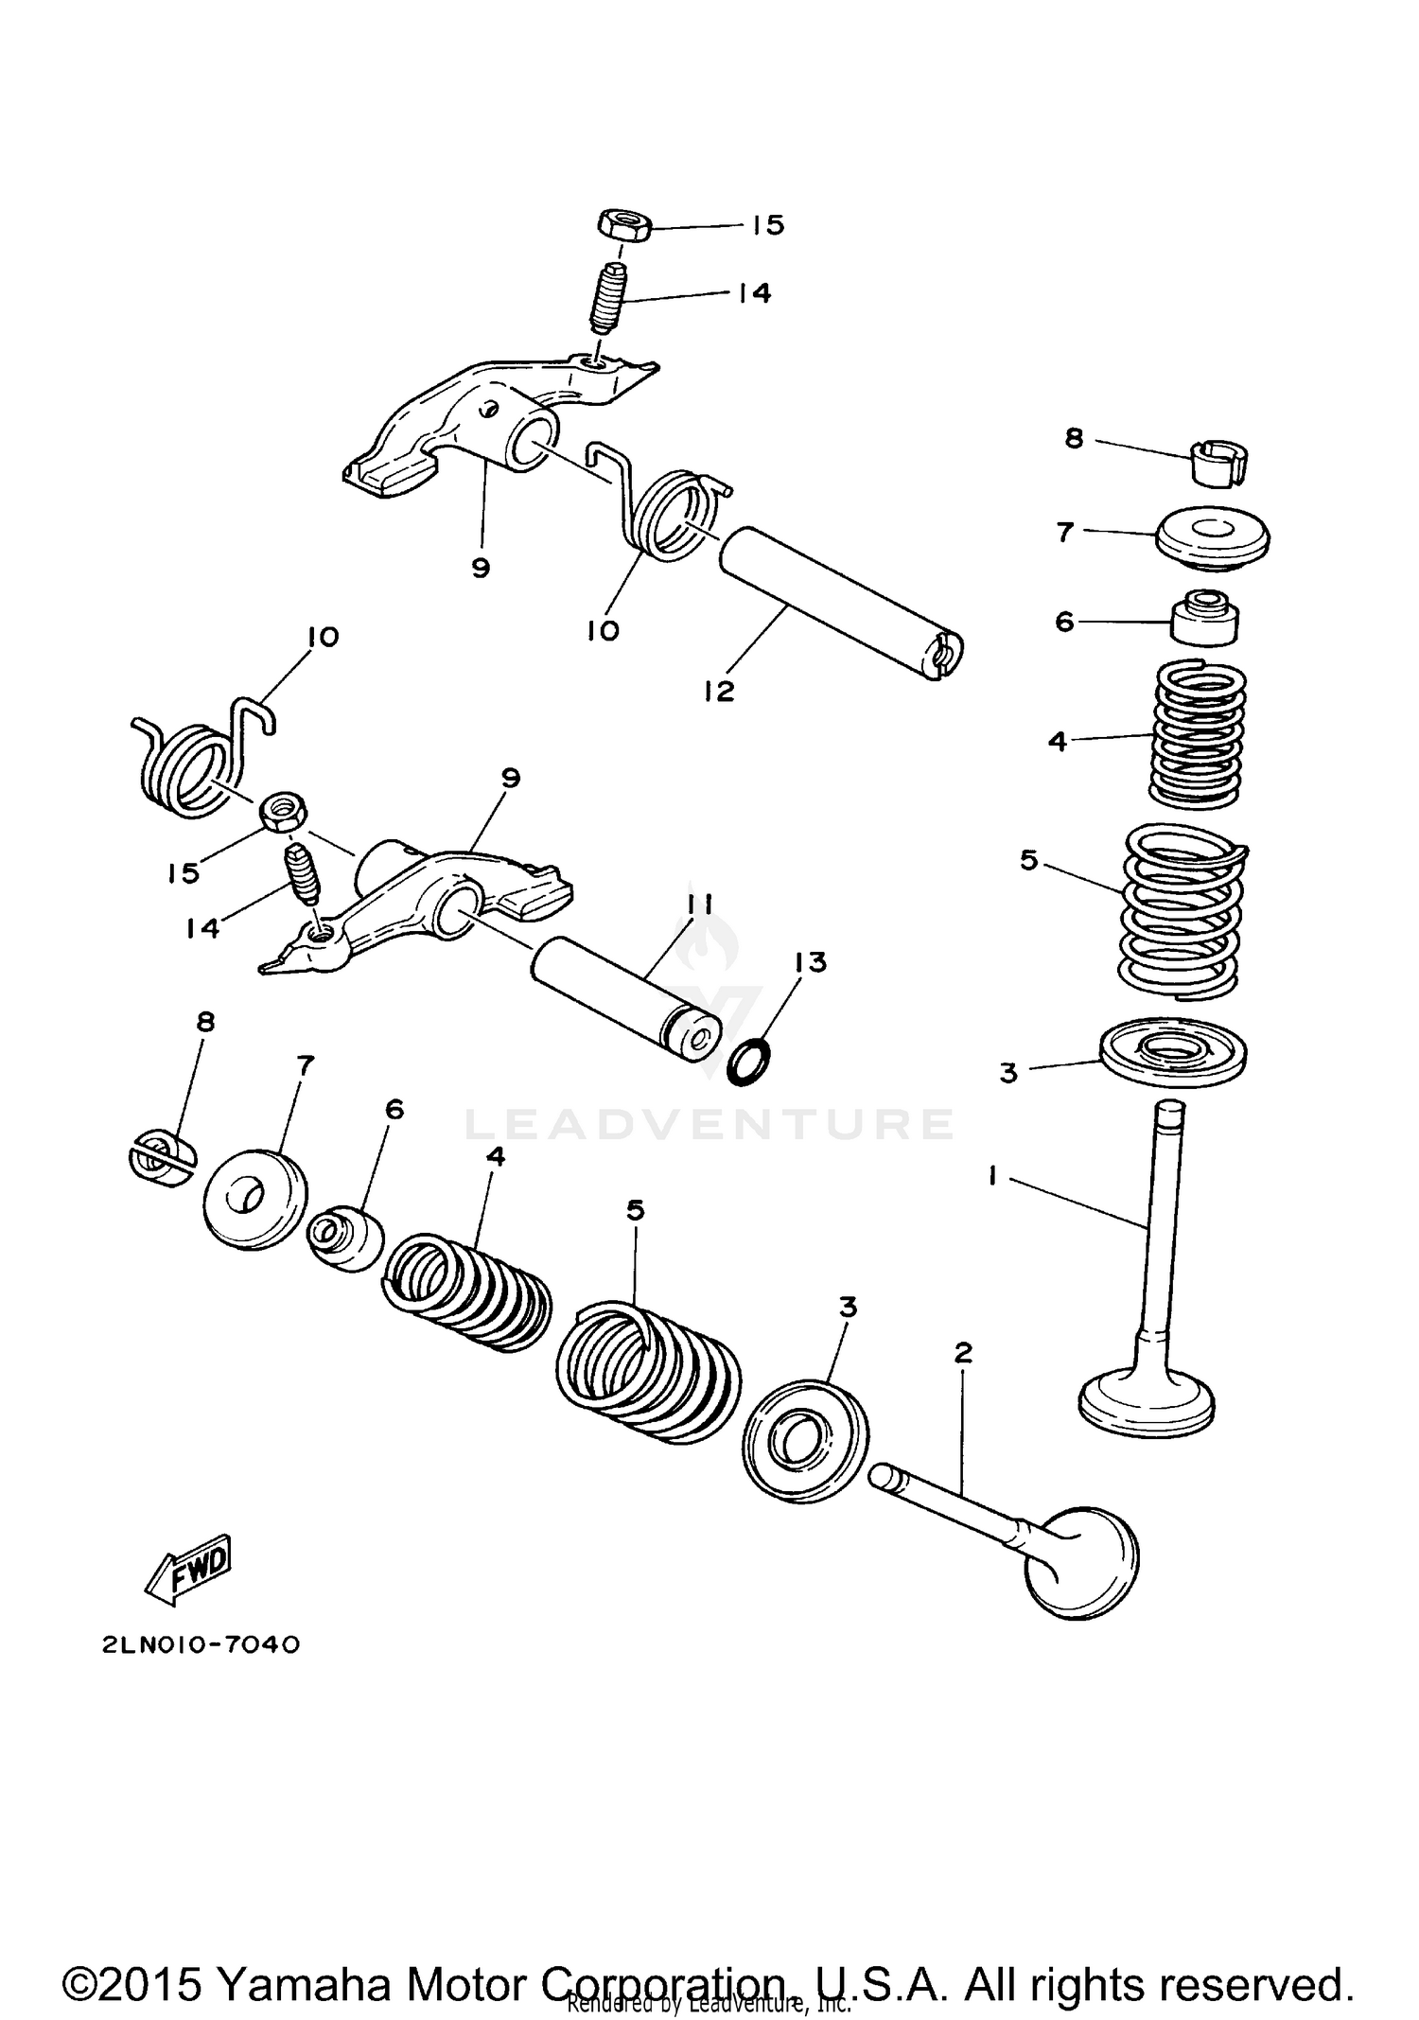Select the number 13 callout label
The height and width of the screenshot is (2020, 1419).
tap(810, 962)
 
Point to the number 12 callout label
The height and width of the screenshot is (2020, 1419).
tap(719, 691)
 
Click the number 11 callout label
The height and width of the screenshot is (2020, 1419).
tap(699, 905)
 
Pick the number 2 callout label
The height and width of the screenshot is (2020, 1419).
tap(963, 1353)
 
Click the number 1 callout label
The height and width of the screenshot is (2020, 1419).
tap(992, 1175)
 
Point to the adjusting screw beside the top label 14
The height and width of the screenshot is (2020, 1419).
tap(602, 299)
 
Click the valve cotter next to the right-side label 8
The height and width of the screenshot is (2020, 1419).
tap(1218, 463)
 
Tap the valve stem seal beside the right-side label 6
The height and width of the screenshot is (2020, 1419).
tap(1205, 618)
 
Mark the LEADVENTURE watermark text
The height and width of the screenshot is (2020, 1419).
tap(709, 1124)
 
